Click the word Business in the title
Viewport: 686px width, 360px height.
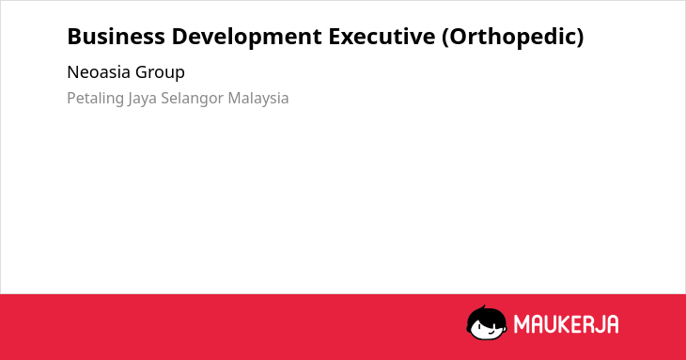116,37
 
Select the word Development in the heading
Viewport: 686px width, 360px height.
247,38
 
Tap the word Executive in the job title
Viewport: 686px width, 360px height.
382,37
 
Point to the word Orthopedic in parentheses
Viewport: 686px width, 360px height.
513,38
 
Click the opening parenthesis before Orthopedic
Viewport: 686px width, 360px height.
444,38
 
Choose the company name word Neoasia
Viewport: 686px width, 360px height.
99,72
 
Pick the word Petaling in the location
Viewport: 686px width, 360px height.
95,99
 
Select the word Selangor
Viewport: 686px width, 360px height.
192,99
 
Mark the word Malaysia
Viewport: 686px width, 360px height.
258,99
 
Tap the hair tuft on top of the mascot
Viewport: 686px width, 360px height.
484,307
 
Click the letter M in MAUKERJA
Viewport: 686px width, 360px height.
522,324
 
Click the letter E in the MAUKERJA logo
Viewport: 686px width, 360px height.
582,324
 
